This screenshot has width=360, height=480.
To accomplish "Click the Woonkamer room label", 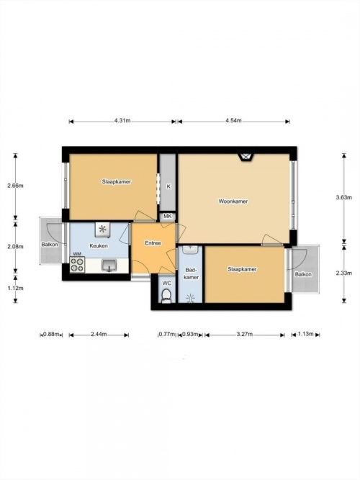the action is coord(233,201).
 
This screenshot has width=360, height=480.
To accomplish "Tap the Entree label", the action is coord(153,243).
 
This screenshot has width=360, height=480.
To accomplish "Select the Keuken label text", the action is coord(99,245).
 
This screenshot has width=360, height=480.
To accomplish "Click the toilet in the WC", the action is coord(166,296).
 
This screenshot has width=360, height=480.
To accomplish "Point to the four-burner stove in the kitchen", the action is coord(77,265).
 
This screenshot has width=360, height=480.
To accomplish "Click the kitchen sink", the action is coord(109,266).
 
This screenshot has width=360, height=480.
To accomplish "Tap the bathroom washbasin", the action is coord(191,249).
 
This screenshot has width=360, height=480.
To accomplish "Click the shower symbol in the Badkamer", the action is coord(191,297).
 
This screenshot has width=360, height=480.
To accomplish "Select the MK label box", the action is coord(167,217).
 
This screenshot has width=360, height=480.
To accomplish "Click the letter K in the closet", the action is coord(168,186).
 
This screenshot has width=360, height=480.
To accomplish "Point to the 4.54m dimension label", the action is coord(233,121).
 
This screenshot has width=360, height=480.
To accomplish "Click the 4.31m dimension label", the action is coord(122,121).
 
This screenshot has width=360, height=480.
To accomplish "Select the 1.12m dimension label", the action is coord(15,288).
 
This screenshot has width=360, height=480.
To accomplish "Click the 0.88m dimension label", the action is coord(51,334).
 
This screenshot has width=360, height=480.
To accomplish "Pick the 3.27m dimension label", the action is coord(245,334).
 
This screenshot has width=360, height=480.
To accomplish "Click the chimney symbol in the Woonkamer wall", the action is coord(246,157).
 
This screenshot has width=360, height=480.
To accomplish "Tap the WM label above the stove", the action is coord(77,254).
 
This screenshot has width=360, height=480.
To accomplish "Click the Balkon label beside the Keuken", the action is coord(50,245).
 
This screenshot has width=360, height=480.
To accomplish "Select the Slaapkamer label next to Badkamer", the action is coord(242,269).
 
